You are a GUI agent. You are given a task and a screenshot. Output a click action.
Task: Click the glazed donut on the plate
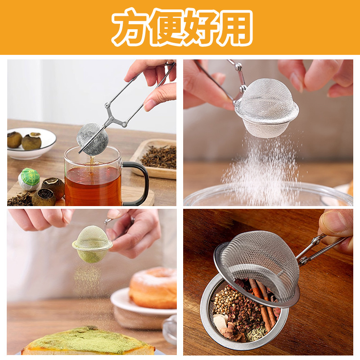click(x=153, y=288)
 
